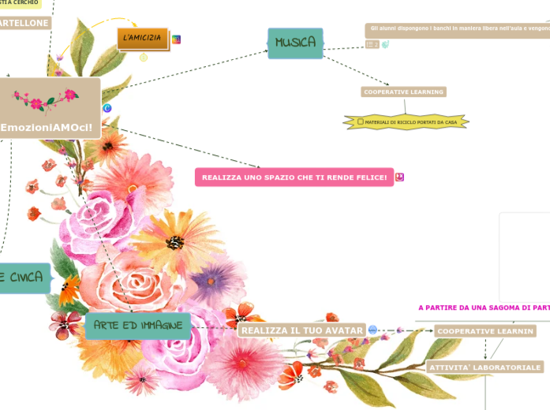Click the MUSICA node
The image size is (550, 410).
pyautogui.click(x=295, y=43)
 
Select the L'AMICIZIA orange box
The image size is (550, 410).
pyautogui.click(x=143, y=38)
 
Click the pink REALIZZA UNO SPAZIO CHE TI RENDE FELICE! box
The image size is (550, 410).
pyautogui.click(x=294, y=177)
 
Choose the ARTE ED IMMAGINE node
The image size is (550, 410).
pyautogui.click(x=137, y=325)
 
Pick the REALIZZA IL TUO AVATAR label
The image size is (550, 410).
pyautogui.click(x=302, y=330)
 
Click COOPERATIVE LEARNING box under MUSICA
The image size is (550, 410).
pyautogui.click(x=404, y=91)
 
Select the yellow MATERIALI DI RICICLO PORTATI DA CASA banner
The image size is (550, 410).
pyautogui.click(x=406, y=122)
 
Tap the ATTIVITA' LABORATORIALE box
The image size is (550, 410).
pyautogui.click(x=485, y=367)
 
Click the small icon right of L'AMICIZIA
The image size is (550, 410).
pyautogui.click(x=177, y=39)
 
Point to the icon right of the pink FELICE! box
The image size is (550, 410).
pyautogui.click(x=400, y=177)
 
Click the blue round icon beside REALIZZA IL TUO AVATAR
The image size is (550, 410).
pyautogui.click(x=372, y=330)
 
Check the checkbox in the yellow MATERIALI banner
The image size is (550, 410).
pyautogui.click(x=361, y=122)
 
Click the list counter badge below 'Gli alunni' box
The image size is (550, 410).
pyautogui.click(x=372, y=45)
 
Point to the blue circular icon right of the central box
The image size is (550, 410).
pyautogui.click(x=107, y=108)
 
